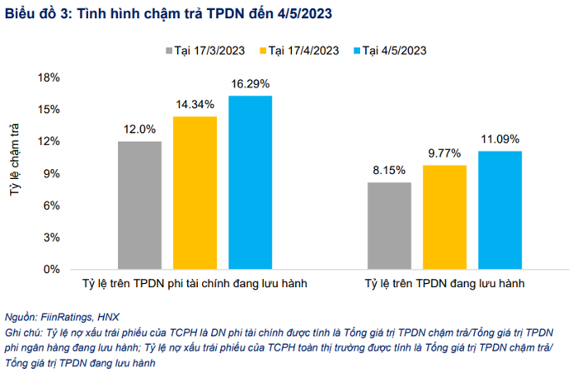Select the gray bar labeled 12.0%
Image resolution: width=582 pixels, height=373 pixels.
coord(140,205)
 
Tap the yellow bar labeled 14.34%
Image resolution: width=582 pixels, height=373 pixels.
coord(195,192)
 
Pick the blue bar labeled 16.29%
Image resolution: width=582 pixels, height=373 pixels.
coord(250,182)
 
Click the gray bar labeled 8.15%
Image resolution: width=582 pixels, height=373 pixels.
coord(389,226)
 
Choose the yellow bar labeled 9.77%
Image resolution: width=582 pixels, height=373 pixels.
coord(445,216)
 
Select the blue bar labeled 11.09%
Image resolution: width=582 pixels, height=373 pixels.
coord(500,210)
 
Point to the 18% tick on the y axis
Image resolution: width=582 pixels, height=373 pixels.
coord(49,77)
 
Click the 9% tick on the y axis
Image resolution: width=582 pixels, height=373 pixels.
coord(52,173)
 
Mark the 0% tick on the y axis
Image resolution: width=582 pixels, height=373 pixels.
coord(52,270)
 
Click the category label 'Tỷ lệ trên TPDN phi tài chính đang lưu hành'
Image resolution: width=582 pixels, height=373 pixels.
coord(195,284)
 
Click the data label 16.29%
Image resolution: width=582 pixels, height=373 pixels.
coord(250,84)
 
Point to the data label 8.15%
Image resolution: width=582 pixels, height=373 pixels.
coord(389,170)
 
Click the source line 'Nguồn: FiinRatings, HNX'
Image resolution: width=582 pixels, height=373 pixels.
coord(62,317)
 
